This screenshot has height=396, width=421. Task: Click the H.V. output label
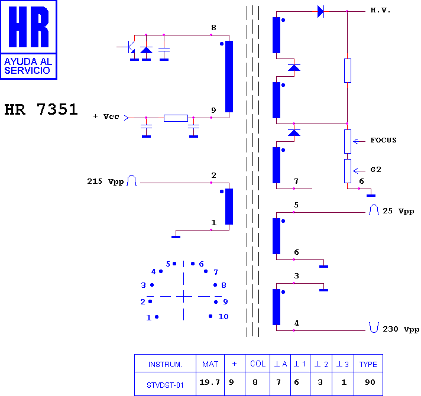pyautogui.click(x=380, y=11)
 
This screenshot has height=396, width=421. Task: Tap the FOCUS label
pyautogui.click(x=383, y=140)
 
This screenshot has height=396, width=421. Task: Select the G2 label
pyautogui.click(x=375, y=170)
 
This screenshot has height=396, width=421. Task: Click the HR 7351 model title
pyautogui.click(x=41, y=109)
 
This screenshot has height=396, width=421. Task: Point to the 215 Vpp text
pyautogui.click(x=105, y=181)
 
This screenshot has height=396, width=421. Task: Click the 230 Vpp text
pyautogui.click(x=401, y=329)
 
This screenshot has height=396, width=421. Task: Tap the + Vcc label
pyautogui.click(x=106, y=116)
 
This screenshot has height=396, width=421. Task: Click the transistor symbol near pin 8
pyautogui.click(x=129, y=47)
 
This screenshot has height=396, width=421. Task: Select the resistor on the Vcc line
pyautogui.click(x=176, y=118)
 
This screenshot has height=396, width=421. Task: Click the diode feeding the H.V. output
pyautogui.click(x=321, y=12)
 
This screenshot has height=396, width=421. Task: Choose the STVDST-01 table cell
pyautogui.click(x=165, y=385)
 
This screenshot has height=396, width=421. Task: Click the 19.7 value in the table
pyautogui.click(x=209, y=382)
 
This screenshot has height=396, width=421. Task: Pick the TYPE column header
pyautogui.click(x=368, y=364)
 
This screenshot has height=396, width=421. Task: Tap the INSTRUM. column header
pyautogui.click(x=165, y=365)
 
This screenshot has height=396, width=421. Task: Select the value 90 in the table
pyautogui.click(x=370, y=382)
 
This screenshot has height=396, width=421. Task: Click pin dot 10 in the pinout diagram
pyautogui.click(x=210, y=316)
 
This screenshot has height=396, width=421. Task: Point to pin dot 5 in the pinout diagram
pyautogui.click(x=174, y=264)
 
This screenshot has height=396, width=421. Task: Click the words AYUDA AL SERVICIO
pyautogui.click(x=28, y=66)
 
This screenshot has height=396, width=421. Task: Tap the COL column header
pyautogui.click(x=258, y=364)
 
